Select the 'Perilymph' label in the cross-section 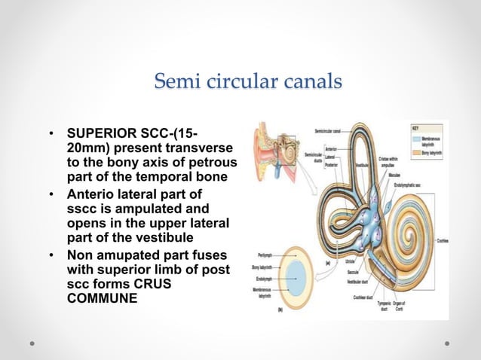pyautogui.click(x=264, y=255)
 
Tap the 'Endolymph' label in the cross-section pyautogui.click(x=265, y=278)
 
